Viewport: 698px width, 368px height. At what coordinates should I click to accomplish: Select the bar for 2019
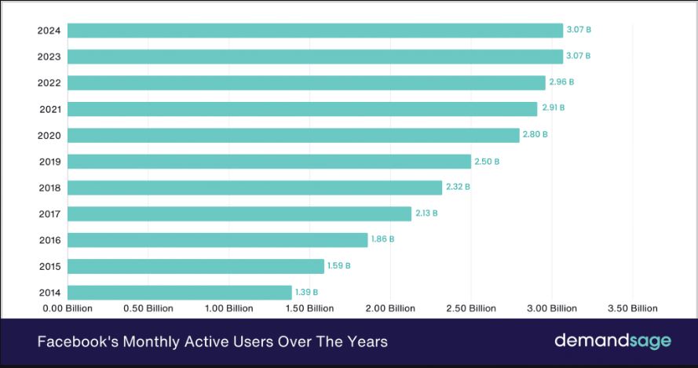tap(269, 162)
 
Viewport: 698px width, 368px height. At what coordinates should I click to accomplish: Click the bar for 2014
tap(179, 292)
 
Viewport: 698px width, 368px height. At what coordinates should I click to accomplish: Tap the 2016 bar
tap(217, 239)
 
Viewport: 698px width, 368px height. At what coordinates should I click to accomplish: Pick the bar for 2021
tap(301, 109)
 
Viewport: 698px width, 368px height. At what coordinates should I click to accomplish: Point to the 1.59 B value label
tap(339, 266)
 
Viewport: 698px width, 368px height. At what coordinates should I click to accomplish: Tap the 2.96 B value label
tap(561, 82)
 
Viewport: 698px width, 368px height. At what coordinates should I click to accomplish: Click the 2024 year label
tap(50, 31)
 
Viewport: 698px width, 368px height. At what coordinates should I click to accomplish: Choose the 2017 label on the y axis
tap(50, 213)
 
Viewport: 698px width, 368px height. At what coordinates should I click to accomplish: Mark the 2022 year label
tap(50, 82)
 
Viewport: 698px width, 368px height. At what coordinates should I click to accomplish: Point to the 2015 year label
tap(50, 266)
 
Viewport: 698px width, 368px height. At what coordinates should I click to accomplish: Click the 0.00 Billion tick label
tap(68, 308)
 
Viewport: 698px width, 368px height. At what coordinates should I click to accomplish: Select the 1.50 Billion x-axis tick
tap(309, 308)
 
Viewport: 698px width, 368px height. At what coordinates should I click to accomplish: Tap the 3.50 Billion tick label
tap(633, 308)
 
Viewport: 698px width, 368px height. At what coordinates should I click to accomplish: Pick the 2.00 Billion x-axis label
tap(390, 308)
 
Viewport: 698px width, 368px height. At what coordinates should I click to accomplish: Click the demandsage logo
tap(612, 341)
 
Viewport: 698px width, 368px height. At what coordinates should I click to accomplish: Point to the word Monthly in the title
tap(144, 342)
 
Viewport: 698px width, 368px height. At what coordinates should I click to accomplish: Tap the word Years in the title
tap(368, 342)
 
